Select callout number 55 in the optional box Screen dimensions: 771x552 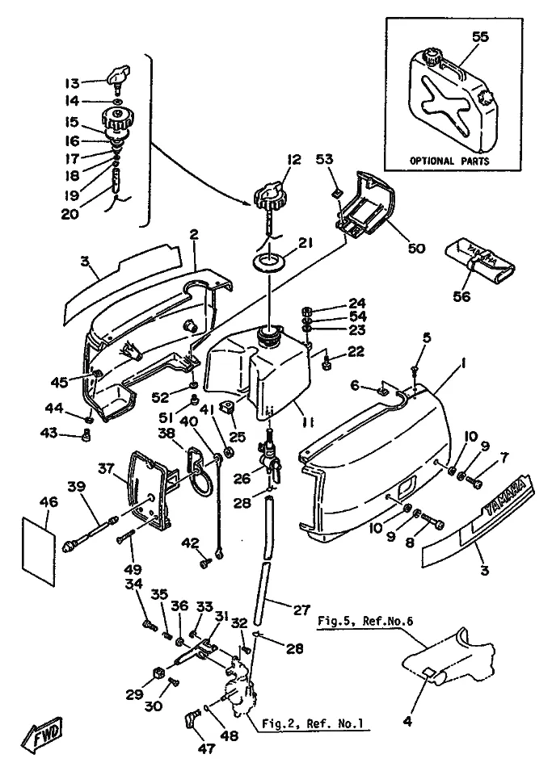(x=482, y=38)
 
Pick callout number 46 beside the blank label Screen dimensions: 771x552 (x=48, y=501)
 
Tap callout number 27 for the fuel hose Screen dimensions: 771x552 (x=301, y=611)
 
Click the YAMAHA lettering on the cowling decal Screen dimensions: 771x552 (x=507, y=500)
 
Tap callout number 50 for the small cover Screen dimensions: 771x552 (x=415, y=248)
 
